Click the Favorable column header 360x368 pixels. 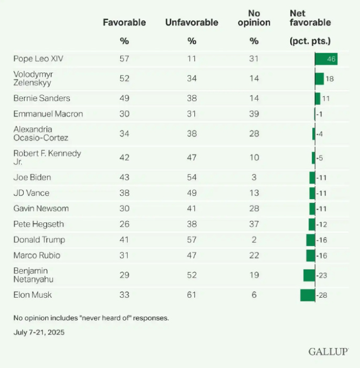(125, 22)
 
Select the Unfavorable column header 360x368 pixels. (192, 22)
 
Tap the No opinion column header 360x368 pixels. (254, 18)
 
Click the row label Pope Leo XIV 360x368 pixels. (36, 58)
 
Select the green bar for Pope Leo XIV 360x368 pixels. (326, 58)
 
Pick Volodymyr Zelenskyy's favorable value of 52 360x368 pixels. (125, 78)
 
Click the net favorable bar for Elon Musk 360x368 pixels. (307, 295)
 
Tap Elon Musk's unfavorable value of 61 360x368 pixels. (192, 295)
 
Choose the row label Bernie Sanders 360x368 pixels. (42, 98)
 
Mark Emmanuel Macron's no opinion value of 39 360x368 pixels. (254, 114)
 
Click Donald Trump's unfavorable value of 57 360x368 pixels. (192, 240)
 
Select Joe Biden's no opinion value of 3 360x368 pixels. (254, 177)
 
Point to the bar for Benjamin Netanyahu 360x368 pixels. (309, 275)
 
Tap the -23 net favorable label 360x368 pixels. (322, 275)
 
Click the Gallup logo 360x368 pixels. (328, 352)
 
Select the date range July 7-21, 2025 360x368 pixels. (39, 332)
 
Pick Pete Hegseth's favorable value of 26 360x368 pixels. (125, 224)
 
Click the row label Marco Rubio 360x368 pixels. (36, 255)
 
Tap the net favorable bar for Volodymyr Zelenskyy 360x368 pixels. (319, 78)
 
